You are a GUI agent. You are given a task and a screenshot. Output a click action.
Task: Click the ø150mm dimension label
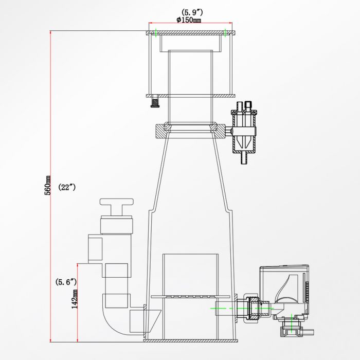click(189, 20)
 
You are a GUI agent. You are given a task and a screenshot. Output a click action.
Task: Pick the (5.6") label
click(66, 281)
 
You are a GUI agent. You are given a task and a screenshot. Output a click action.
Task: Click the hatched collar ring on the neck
click(189, 130)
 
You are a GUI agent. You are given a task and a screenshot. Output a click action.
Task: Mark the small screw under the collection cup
click(153, 104)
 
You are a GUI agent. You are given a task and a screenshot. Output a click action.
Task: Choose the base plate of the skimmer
click(190, 340)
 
